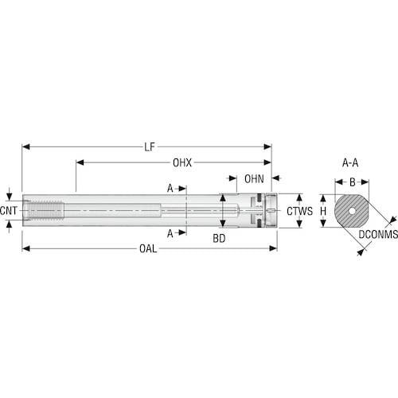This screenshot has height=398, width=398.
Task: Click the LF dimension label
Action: coord(150,146)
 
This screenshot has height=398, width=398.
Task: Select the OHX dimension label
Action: coord(182,162)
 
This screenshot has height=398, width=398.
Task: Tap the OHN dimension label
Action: coord(254,179)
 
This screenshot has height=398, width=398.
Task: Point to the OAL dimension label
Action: coord(148,249)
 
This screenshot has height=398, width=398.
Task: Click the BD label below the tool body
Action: coord(219,239)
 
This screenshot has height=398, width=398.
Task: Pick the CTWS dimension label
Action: coord(300,211)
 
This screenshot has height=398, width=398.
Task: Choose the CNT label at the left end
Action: coord(9,211)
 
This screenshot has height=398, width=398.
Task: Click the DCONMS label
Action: coord(378,234)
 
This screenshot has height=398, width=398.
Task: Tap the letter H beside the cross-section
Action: coord(323,211)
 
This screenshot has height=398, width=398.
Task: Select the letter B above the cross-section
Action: coord(353,182)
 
